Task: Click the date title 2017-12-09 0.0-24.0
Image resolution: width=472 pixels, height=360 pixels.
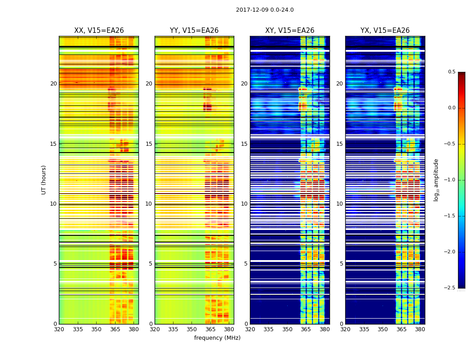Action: click(265, 10)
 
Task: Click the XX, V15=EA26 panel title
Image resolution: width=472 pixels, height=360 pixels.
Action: click(99, 31)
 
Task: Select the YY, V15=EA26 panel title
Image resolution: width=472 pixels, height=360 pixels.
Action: click(194, 31)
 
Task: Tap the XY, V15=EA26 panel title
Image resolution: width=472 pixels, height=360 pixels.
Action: click(289, 31)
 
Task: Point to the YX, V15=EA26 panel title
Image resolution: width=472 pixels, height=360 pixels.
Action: click(385, 31)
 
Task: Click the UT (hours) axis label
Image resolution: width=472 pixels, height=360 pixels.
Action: click(44, 180)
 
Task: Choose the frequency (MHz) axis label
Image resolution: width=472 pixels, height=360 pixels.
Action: click(217, 338)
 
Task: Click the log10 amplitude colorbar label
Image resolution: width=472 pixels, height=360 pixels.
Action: click(436, 180)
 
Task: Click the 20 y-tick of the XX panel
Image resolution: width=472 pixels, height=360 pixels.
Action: click(53, 84)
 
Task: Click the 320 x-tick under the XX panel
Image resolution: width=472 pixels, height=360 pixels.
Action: click(59, 329)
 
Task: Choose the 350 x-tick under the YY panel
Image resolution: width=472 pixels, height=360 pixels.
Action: click(192, 329)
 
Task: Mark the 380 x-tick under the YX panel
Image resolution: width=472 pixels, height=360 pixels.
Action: click(420, 329)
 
